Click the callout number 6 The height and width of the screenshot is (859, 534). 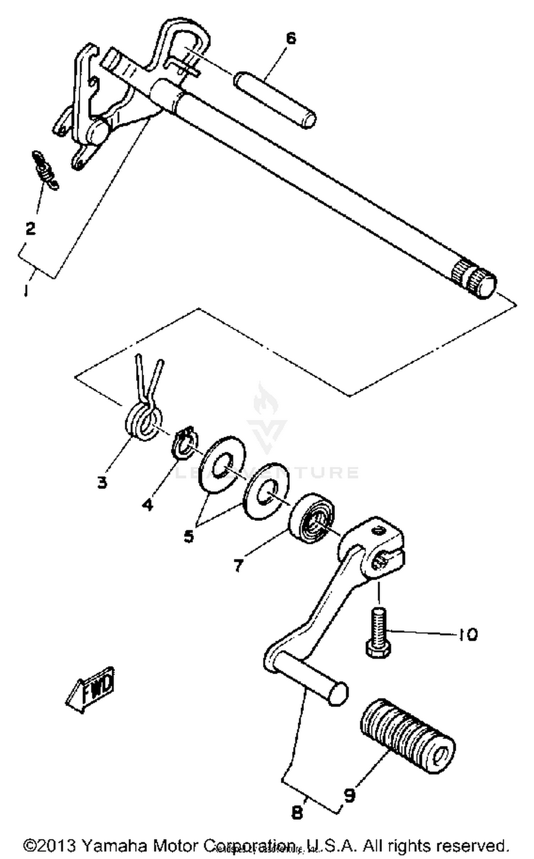pos(291,38)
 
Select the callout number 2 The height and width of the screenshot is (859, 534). pos(31,228)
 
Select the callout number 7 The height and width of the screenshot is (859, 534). pos(238,565)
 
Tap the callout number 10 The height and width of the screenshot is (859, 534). pos(467,634)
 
